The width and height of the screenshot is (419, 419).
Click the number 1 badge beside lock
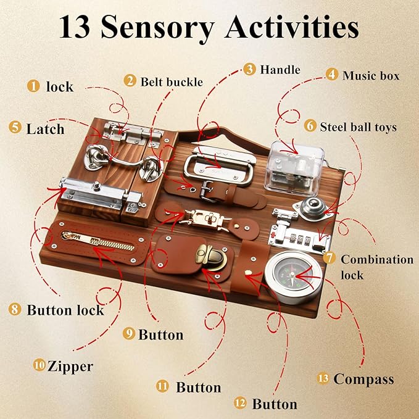click(x=31, y=86)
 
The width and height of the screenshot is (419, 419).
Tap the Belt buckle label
click(x=171, y=81)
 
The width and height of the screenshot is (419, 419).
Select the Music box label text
click(x=371, y=75)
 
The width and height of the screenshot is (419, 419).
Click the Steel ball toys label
click(x=358, y=127)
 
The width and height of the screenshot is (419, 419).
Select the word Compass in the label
click(x=363, y=378)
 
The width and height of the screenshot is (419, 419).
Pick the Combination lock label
click(x=376, y=266)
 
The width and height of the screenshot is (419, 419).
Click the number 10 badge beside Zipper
click(x=39, y=366)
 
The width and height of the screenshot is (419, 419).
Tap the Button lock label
click(x=65, y=309)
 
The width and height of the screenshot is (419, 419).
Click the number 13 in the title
click(x=75, y=28)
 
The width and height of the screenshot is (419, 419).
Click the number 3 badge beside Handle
click(x=249, y=69)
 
